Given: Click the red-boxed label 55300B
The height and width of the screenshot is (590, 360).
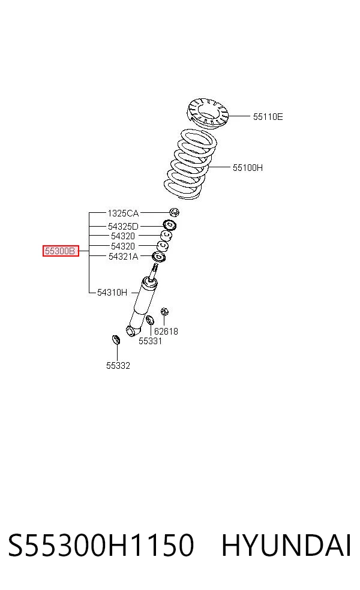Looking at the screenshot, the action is point(61,251).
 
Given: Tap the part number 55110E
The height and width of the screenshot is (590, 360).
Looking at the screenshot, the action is point(268,117).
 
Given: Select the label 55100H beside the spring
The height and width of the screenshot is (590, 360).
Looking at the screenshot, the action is point(248,168).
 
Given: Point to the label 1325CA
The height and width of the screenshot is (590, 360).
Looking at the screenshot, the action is point(123,213).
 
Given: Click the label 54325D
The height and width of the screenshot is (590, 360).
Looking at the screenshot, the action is point(123,227).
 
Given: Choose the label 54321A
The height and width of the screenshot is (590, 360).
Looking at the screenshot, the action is point(123,257).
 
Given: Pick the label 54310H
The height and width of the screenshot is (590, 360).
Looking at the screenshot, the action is point(112,293).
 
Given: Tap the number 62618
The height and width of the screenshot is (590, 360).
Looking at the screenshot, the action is point(166,332).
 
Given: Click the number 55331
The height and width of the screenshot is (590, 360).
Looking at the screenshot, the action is point(150,341).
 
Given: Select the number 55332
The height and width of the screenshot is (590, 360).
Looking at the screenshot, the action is point(118,366).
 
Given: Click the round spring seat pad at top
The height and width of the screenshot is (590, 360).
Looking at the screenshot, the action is point(208,112).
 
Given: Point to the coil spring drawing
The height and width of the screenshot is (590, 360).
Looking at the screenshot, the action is point(191,164).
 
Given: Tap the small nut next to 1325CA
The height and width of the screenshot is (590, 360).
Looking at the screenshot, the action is point(174,212).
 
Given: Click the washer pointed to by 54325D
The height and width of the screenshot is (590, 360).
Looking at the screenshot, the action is point(170,225).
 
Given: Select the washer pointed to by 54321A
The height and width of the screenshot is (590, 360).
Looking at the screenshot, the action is point(158,257).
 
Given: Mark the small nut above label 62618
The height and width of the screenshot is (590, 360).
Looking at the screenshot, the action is point(164,312).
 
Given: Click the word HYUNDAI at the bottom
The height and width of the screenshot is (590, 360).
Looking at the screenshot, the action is point(287,545).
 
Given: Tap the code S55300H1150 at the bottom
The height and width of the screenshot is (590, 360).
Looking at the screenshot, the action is point(101,545).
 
